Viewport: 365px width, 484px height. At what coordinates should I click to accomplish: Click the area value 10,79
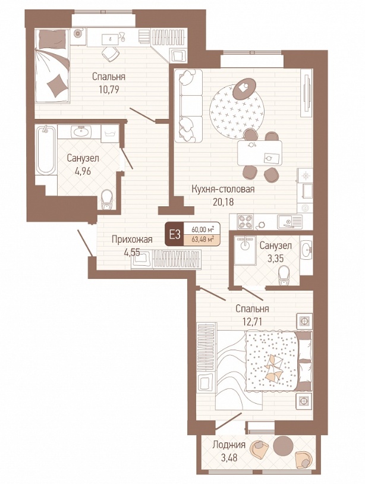tap(109, 90)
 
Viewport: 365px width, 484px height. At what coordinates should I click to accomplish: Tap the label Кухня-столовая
tap(223, 189)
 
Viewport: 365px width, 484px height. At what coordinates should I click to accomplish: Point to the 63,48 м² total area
tap(203, 240)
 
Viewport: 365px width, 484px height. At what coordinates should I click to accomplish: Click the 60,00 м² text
tap(203, 230)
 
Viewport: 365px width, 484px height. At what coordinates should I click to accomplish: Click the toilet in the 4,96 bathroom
tap(106, 199)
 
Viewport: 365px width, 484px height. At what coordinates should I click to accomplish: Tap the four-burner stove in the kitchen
tap(245, 222)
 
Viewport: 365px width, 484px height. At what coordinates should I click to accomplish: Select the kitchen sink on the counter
tap(290, 222)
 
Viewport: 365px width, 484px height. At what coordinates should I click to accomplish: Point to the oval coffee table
tap(244, 89)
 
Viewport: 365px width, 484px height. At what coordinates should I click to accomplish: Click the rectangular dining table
tap(260, 153)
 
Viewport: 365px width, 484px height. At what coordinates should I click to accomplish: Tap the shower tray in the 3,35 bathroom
tap(245, 250)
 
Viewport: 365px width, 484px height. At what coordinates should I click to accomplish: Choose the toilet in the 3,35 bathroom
tap(283, 276)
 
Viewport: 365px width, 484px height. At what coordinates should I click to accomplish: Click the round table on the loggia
tap(283, 445)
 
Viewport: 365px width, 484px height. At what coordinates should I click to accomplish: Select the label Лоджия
tap(229, 445)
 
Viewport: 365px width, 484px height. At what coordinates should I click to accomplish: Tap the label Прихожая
tap(132, 239)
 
